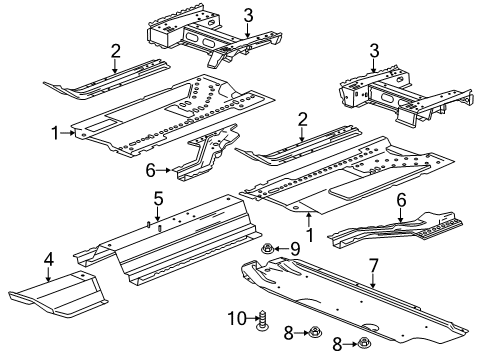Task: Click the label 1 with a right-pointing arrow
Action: [x=56, y=131]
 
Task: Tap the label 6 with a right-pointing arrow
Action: [x=151, y=171]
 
